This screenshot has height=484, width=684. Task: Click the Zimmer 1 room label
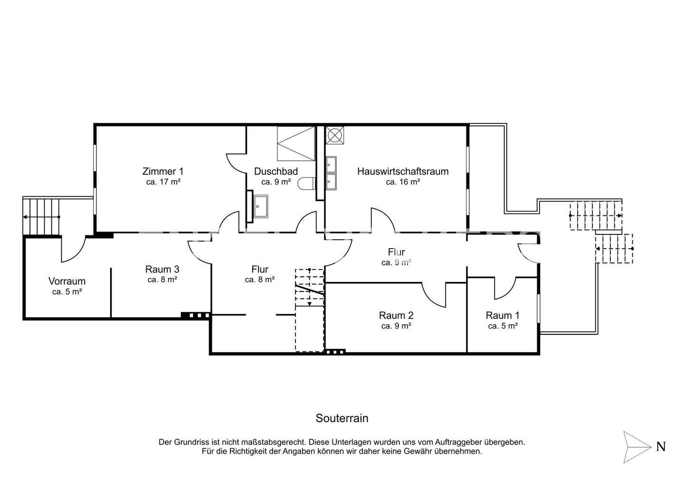pos(163,171)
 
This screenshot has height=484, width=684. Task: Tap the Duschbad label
pos(275,171)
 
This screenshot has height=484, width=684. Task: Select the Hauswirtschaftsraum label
pos(403,171)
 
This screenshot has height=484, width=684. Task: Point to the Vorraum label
pos(67,281)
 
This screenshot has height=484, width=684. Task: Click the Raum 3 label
pos(162,269)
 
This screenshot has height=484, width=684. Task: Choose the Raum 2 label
pos(396,315)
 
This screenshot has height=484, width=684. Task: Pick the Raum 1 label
pos(503,315)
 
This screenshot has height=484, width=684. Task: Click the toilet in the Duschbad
pos(306,184)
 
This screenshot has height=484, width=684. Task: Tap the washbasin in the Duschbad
pos(260,206)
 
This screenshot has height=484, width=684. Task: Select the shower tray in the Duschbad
pos(296,144)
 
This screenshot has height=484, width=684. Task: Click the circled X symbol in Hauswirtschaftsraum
pos(335,135)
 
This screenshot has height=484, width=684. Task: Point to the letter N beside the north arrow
pos(661,447)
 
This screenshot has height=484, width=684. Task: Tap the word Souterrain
pos(342,418)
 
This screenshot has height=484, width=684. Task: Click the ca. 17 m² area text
pos(163,182)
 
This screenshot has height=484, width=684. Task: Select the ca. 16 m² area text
pos(403,182)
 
